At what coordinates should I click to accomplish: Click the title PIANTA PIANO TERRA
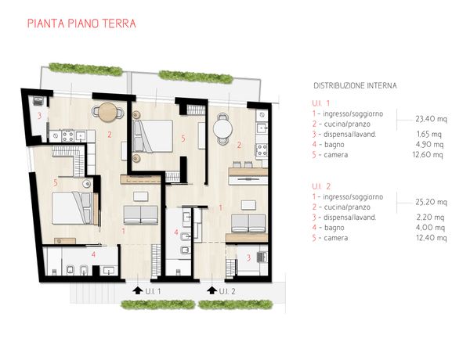click(x=81, y=23)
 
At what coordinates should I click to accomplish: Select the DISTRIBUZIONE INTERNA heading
click(x=355, y=85)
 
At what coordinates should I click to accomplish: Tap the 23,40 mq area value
click(x=431, y=119)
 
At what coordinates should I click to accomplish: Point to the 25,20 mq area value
click(x=431, y=202)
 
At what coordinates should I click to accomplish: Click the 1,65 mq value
click(x=429, y=134)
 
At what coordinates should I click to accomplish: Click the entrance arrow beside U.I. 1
click(x=138, y=290)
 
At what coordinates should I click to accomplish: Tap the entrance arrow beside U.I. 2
click(x=212, y=290)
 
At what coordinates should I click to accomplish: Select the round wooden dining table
click(x=108, y=112)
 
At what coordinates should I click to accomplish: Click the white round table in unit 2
click(x=222, y=129)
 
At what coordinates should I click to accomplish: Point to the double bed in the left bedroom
click(x=71, y=208)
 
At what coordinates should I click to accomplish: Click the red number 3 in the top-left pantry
click(x=39, y=115)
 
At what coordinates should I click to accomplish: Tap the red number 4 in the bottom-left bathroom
click(x=93, y=254)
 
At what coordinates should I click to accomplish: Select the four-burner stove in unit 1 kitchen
click(x=67, y=135)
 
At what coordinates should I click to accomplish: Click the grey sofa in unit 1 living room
click(x=140, y=214)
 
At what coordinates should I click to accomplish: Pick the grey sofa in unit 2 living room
click(x=248, y=223)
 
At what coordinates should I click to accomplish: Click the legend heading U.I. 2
click(x=321, y=186)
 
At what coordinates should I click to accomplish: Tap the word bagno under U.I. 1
click(x=334, y=145)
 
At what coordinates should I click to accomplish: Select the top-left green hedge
click(x=85, y=69)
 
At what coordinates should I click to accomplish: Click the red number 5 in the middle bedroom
click(x=183, y=139)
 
